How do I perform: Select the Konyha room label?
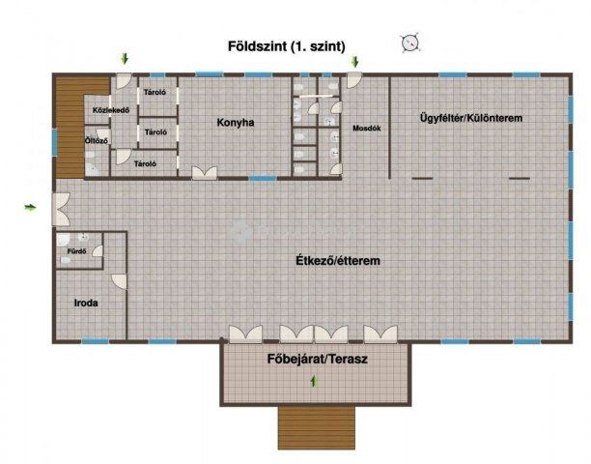click(236, 123)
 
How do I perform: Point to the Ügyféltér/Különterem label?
click(470, 118)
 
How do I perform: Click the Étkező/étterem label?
click(336, 261)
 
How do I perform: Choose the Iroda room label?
click(87, 303)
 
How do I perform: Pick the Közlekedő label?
click(111, 109)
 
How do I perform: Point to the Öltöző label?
click(97, 140)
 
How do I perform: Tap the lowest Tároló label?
click(146, 163)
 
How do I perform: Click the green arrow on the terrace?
click(313, 383)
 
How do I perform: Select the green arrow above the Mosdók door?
click(354, 62)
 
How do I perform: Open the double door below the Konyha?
click(204, 173)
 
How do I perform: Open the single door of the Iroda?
click(119, 280)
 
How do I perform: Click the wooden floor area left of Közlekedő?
click(69, 126)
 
